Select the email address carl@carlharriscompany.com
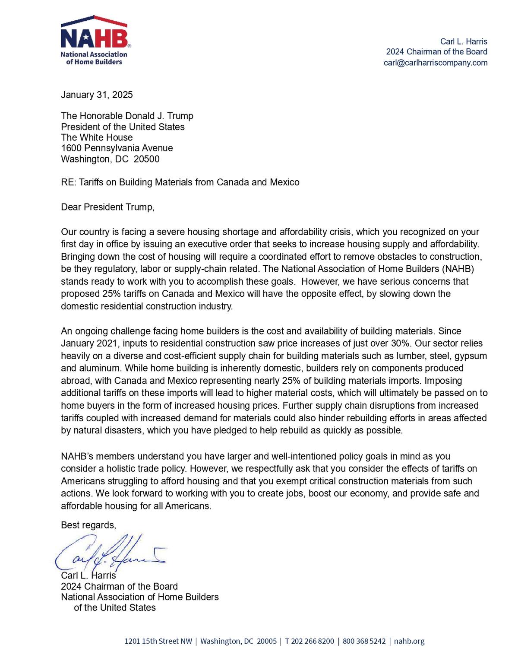pyautogui.click(x=435, y=63)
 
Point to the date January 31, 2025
pyautogui.click(x=97, y=95)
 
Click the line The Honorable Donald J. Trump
pyautogui.click(x=127, y=116)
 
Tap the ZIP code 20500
pyautogui.click(x=147, y=159)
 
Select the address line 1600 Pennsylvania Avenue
pyautogui.click(x=117, y=148)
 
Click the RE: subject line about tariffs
pyautogui.click(x=180, y=182)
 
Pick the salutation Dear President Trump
pyautogui.click(x=107, y=207)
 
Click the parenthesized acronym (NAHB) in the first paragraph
pyautogui.click(x=458, y=269)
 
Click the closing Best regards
pyautogui.click(x=88, y=525)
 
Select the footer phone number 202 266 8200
pyautogui.click(x=312, y=641)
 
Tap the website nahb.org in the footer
pyautogui.click(x=409, y=641)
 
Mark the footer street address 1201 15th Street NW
pyautogui.click(x=158, y=641)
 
